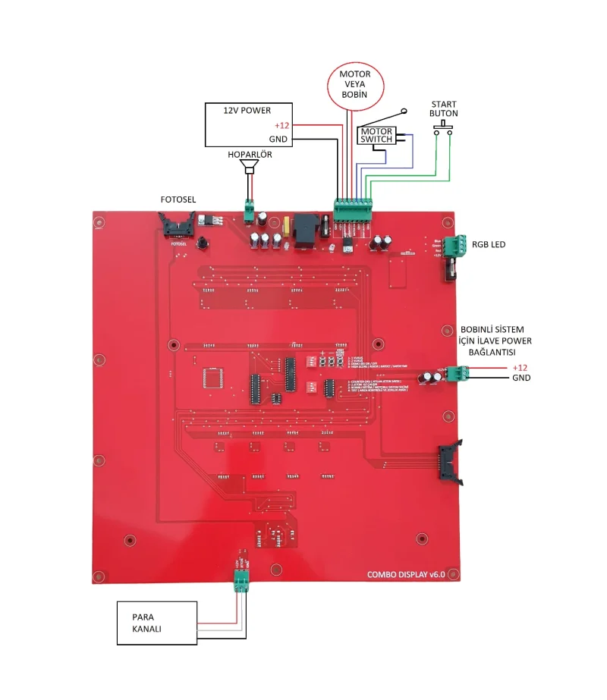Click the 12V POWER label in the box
[x=247, y=110]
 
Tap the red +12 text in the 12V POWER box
[x=282, y=125]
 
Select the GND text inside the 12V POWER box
[x=278, y=140]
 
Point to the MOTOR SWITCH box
[x=376, y=136]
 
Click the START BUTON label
[x=444, y=108]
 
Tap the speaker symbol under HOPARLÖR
[x=248, y=170]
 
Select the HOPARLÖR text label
[x=250, y=155]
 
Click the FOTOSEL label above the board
[x=178, y=199]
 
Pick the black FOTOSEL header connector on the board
[x=177, y=225]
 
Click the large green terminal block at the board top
[x=352, y=209]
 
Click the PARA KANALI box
[x=156, y=623]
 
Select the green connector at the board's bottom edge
[x=243, y=579]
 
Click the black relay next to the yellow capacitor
[x=307, y=226]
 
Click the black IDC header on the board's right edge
[x=447, y=463]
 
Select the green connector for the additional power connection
[x=457, y=373]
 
